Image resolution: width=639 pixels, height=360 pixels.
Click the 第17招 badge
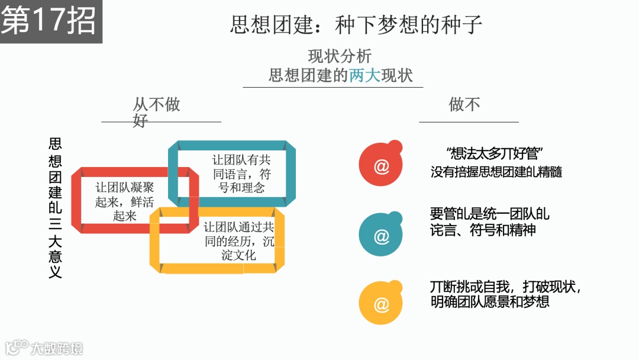coord(49,21)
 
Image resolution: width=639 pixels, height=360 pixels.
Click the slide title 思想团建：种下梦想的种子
coord(356,24)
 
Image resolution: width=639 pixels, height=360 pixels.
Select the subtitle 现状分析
coord(340,56)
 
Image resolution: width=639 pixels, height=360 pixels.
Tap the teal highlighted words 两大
coord(364,76)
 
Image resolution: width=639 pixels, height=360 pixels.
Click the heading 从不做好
coord(156,112)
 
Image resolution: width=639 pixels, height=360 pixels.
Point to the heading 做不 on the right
coord(464,105)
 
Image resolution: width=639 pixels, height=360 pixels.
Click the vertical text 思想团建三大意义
coord(55,208)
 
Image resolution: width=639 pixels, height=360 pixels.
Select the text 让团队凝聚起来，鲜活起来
coord(125,201)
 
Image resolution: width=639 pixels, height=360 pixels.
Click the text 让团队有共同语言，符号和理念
coord(241,174)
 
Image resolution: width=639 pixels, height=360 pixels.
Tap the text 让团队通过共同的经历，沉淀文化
coord(239,241)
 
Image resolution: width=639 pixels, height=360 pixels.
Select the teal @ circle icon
coord(381,236)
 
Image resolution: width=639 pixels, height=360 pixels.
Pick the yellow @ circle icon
coord(381,305)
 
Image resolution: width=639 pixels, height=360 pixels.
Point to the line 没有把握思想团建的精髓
coord(496,172)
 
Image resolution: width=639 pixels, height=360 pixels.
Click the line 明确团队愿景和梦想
coord(490,301)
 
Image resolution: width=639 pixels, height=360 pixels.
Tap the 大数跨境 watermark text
coord(57,348)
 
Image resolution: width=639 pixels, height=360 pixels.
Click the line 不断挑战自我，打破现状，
coord(506,287)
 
